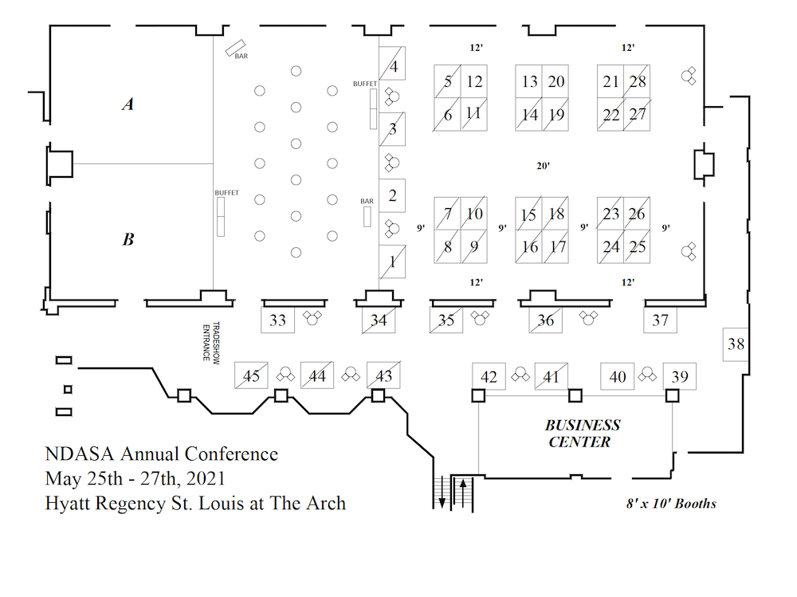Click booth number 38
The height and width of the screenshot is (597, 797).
[736, 344]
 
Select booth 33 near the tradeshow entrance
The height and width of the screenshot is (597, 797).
[277, 320]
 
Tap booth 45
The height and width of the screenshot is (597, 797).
[251, 376]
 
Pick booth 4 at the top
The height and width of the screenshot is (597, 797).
[393, 66]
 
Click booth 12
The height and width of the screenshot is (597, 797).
[474, 81]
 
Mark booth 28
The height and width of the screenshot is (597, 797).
[637, 81]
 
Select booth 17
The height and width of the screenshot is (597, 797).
[557, 247]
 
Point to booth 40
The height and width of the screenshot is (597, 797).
[617, 376]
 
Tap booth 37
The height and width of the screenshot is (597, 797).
[660, 320]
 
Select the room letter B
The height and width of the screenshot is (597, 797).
[128, 238]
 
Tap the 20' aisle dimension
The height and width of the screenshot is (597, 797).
[544, 167]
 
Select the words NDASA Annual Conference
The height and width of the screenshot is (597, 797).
[162, 454]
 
